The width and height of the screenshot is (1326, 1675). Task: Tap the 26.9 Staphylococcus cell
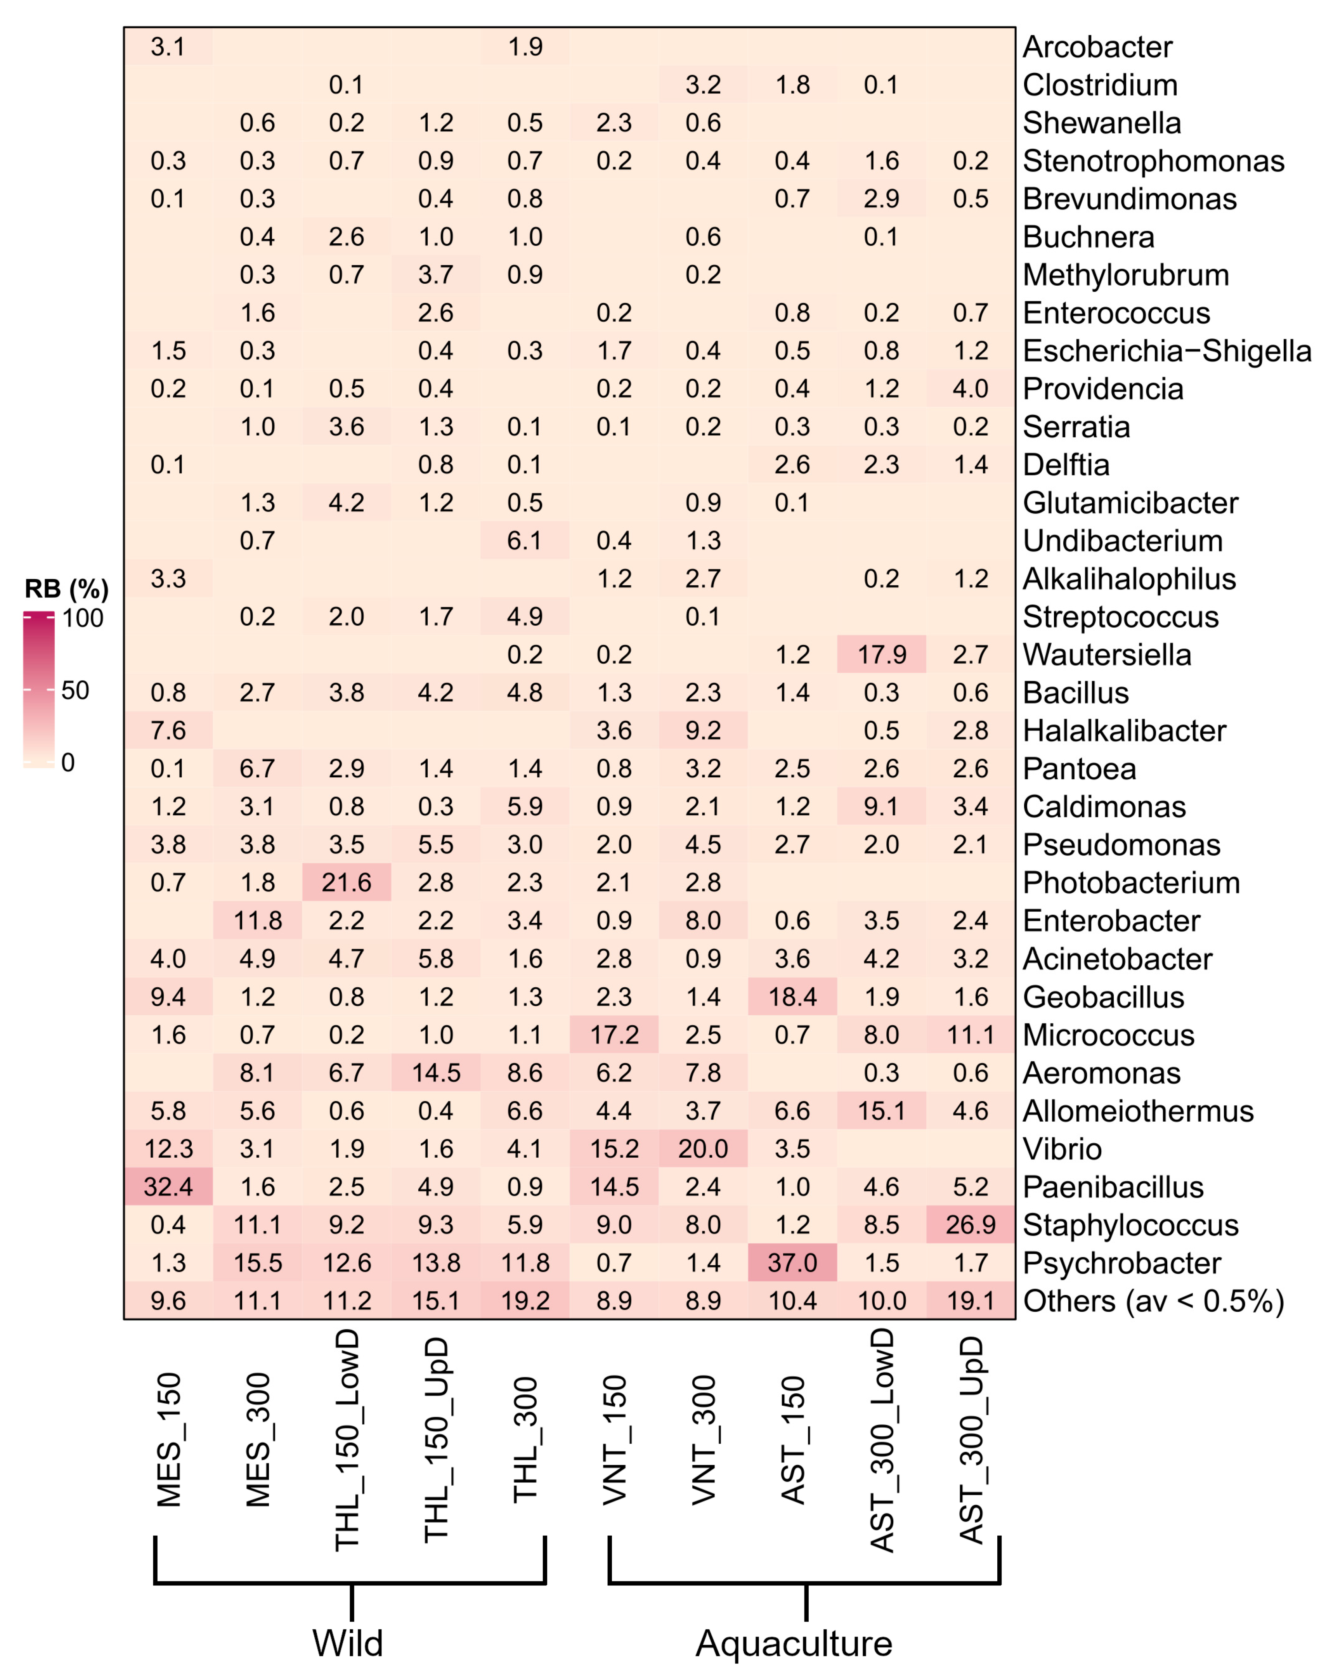971,1225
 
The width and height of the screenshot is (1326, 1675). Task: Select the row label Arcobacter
1097,47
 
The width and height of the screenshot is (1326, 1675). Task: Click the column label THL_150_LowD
347,1440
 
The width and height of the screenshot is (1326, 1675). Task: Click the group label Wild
348,1643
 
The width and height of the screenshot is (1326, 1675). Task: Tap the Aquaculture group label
794,1643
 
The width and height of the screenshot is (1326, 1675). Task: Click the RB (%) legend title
67,589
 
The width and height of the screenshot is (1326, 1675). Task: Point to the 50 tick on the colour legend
75,690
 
